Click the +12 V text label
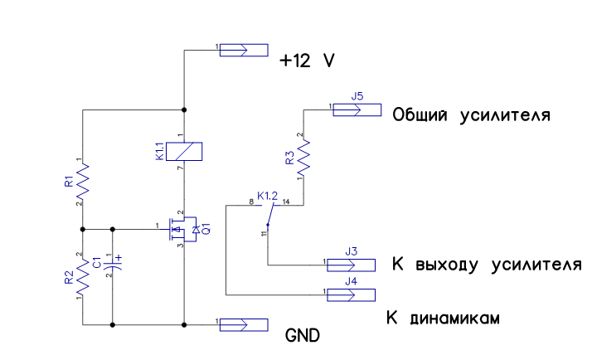pyautogui.click(x=307, y=61)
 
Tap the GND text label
pyautogui.click(x=303, y=335)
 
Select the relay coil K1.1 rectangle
pyautogui.click(x=184, y=152)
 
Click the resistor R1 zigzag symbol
pyautogui.click(x=83, y=182)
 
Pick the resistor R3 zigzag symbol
pyautogui.click(x=303, y=158)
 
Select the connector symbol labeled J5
pyautogui.click(x=357, y=110)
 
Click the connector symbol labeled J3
pyautogui.click(x=351, y=265)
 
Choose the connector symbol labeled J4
pyautogui.click(x=351, y=295)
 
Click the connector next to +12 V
pyautogui.click(x=244, y=51)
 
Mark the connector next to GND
pyautogui.click(x=244, y=325)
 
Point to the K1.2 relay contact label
pyautogui.click(x=267, y=196)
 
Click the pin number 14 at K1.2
pyautogui.click(x=286, y=202)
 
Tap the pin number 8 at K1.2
pyautogui.click(x=251, y=202)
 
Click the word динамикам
pyautogui.click(x=455, y=319)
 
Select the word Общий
pyautogui.click(x=420, y=114)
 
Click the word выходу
pyautogui.click(x=447, y=265)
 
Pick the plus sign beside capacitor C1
pyautogui.click(x=119, y=258)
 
